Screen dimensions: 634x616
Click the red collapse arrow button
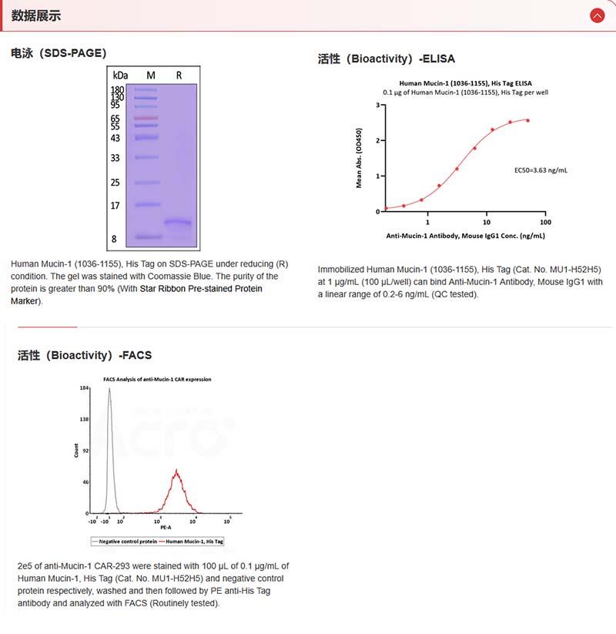[x=597, y=15]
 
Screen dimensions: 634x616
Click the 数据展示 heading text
[x=36, y=15]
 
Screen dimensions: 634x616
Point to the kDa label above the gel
[x=120, y=75]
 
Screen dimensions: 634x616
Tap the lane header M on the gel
[x=151, y=75]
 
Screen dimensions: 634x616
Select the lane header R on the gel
[x=179, y=75]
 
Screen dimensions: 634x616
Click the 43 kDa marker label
[x=115, y=138]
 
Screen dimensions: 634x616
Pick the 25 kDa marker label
[x=115, y=183]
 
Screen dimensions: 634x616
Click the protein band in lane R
[x=178, y=223]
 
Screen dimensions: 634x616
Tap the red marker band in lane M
[x=145, y=118]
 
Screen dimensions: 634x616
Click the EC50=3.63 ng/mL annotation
[x=541, y=169]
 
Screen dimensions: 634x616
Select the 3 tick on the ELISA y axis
[x=377, y=104]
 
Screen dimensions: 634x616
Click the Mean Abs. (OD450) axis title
[x=358, y=158]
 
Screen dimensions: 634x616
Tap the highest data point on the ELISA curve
[x=527, y=120]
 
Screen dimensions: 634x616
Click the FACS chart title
[x=158, y=379]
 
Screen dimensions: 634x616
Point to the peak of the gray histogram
[x=109, y=390]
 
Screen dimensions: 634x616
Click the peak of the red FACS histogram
[x=177, y=471]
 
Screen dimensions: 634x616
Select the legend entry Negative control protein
[x=128, y=542]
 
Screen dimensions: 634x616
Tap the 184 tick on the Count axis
[x=84, y=388]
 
